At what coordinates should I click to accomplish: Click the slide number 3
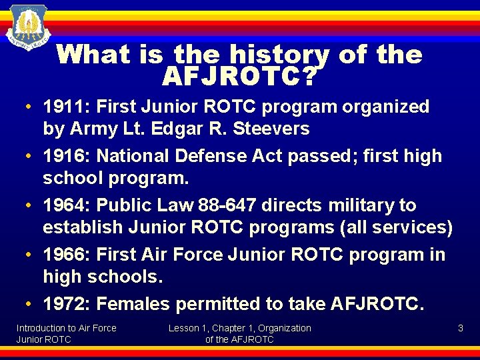point(460,328)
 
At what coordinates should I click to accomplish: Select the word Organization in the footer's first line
point(285,328)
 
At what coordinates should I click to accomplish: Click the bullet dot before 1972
point(31,305)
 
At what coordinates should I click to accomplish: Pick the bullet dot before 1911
point(31,107)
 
